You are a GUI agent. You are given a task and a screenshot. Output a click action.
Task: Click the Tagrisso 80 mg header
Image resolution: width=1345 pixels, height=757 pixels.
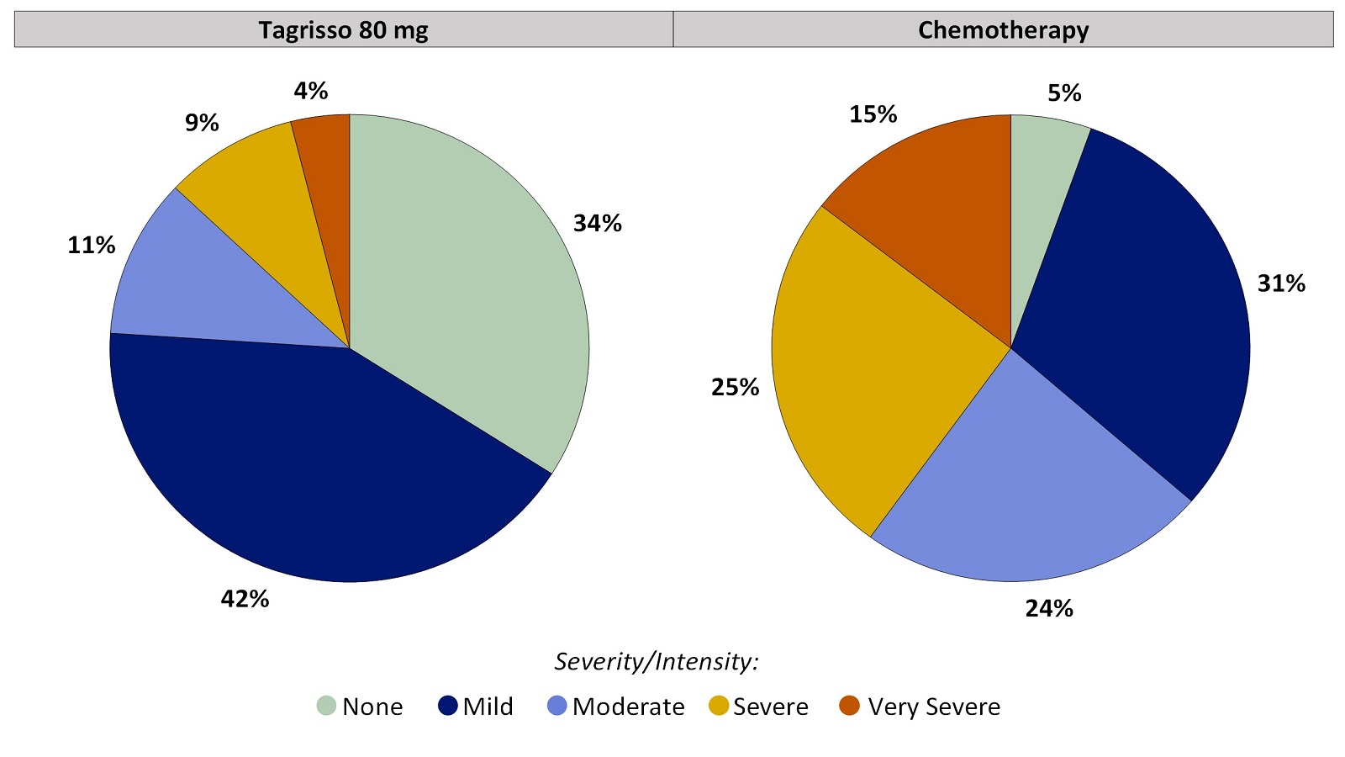(x=343, y=30)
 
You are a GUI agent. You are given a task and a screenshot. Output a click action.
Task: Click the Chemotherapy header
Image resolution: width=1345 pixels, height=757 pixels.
(x=1003, y=30)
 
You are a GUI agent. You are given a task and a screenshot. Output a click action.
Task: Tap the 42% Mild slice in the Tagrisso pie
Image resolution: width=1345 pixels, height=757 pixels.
(x=319, y=471)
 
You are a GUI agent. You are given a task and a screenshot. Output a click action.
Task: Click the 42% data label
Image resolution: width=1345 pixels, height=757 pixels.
(x=245, y=599)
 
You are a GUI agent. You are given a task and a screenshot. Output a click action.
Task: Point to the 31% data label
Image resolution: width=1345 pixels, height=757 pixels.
(x=1281, y=284)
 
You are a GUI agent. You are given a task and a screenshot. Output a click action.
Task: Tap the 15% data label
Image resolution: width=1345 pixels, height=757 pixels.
(x=873, y=114)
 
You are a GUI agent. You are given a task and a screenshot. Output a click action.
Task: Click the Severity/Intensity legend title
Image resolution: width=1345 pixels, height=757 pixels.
(x=656, y=662)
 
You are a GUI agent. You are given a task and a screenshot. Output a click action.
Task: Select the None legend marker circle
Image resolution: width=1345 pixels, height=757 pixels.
(x=326, y=706)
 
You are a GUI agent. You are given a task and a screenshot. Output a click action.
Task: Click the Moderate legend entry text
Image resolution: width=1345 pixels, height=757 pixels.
(x=628, y=707)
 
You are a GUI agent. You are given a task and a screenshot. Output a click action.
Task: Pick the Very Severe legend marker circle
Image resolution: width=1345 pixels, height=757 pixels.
(x=850, y=706)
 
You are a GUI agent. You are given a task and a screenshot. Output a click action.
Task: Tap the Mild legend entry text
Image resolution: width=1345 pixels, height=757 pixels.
(x=488, y=707)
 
